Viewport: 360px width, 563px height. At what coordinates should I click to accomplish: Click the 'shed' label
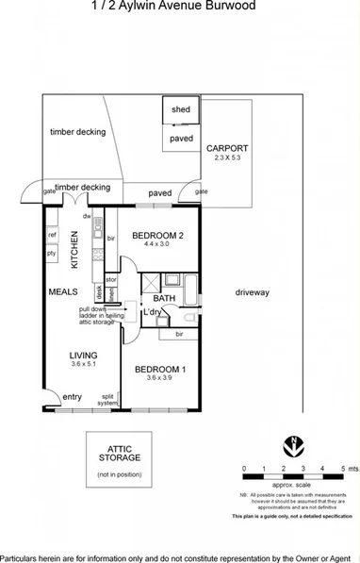click(x=180, y=110)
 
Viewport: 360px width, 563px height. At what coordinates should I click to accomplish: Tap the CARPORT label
click(x=227, y=148)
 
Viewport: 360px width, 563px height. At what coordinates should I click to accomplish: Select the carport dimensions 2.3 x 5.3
click(x=227, y=158)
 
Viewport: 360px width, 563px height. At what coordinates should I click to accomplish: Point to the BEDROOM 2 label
click(x=156, y=235)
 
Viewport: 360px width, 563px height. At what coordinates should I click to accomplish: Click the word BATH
click(x=165, y=299)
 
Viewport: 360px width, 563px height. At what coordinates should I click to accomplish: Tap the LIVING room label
click(x=83, y=355)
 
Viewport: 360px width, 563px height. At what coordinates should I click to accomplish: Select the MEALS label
click(x=62, y=292)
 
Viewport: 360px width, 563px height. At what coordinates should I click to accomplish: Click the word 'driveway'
click(x=253, y=292)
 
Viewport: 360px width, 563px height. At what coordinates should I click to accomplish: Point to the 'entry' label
click(x=73, y=397)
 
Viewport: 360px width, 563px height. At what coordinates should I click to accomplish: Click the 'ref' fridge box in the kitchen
click(x=53, y=235)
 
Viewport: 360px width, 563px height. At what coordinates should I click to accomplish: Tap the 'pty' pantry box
click(x=53, y=253)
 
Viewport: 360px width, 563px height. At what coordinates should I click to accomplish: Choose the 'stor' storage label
click(x=111, y=280)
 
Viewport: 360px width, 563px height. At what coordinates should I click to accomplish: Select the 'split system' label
click(x=108, y=400)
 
